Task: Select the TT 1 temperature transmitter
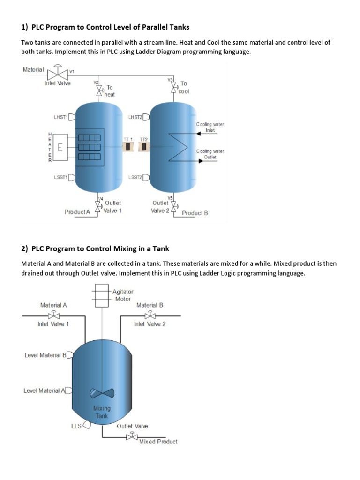pyautogui.click(x=128, y=147)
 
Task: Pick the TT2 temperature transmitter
pyautogui.click(x=144, y=147)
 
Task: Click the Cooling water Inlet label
pyautogui.click(x=210, y=127)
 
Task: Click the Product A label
pyautogui.click(x=77, y=212)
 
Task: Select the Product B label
pyautogui.click(x=195, y=213)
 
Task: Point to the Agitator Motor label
pyautogui.click(x=122, y=295)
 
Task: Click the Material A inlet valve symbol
pyautogui.click(x=53, y=315)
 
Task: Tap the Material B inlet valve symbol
pyautogui.click(x=150, y=315)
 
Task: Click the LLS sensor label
pyautogui.click(x=76, y=426)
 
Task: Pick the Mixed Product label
pyautogui.click(x=158, y=442)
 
